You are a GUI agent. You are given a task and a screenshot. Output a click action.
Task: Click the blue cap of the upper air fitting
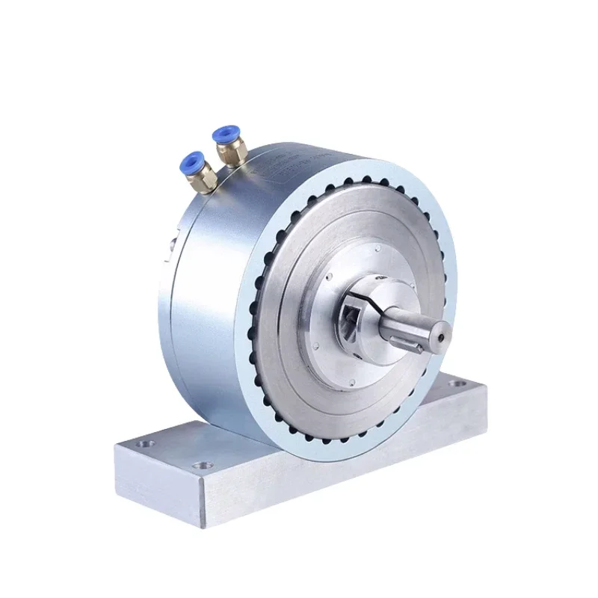tap(223, 135)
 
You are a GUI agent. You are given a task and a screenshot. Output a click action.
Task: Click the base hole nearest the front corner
tap(200, 467)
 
